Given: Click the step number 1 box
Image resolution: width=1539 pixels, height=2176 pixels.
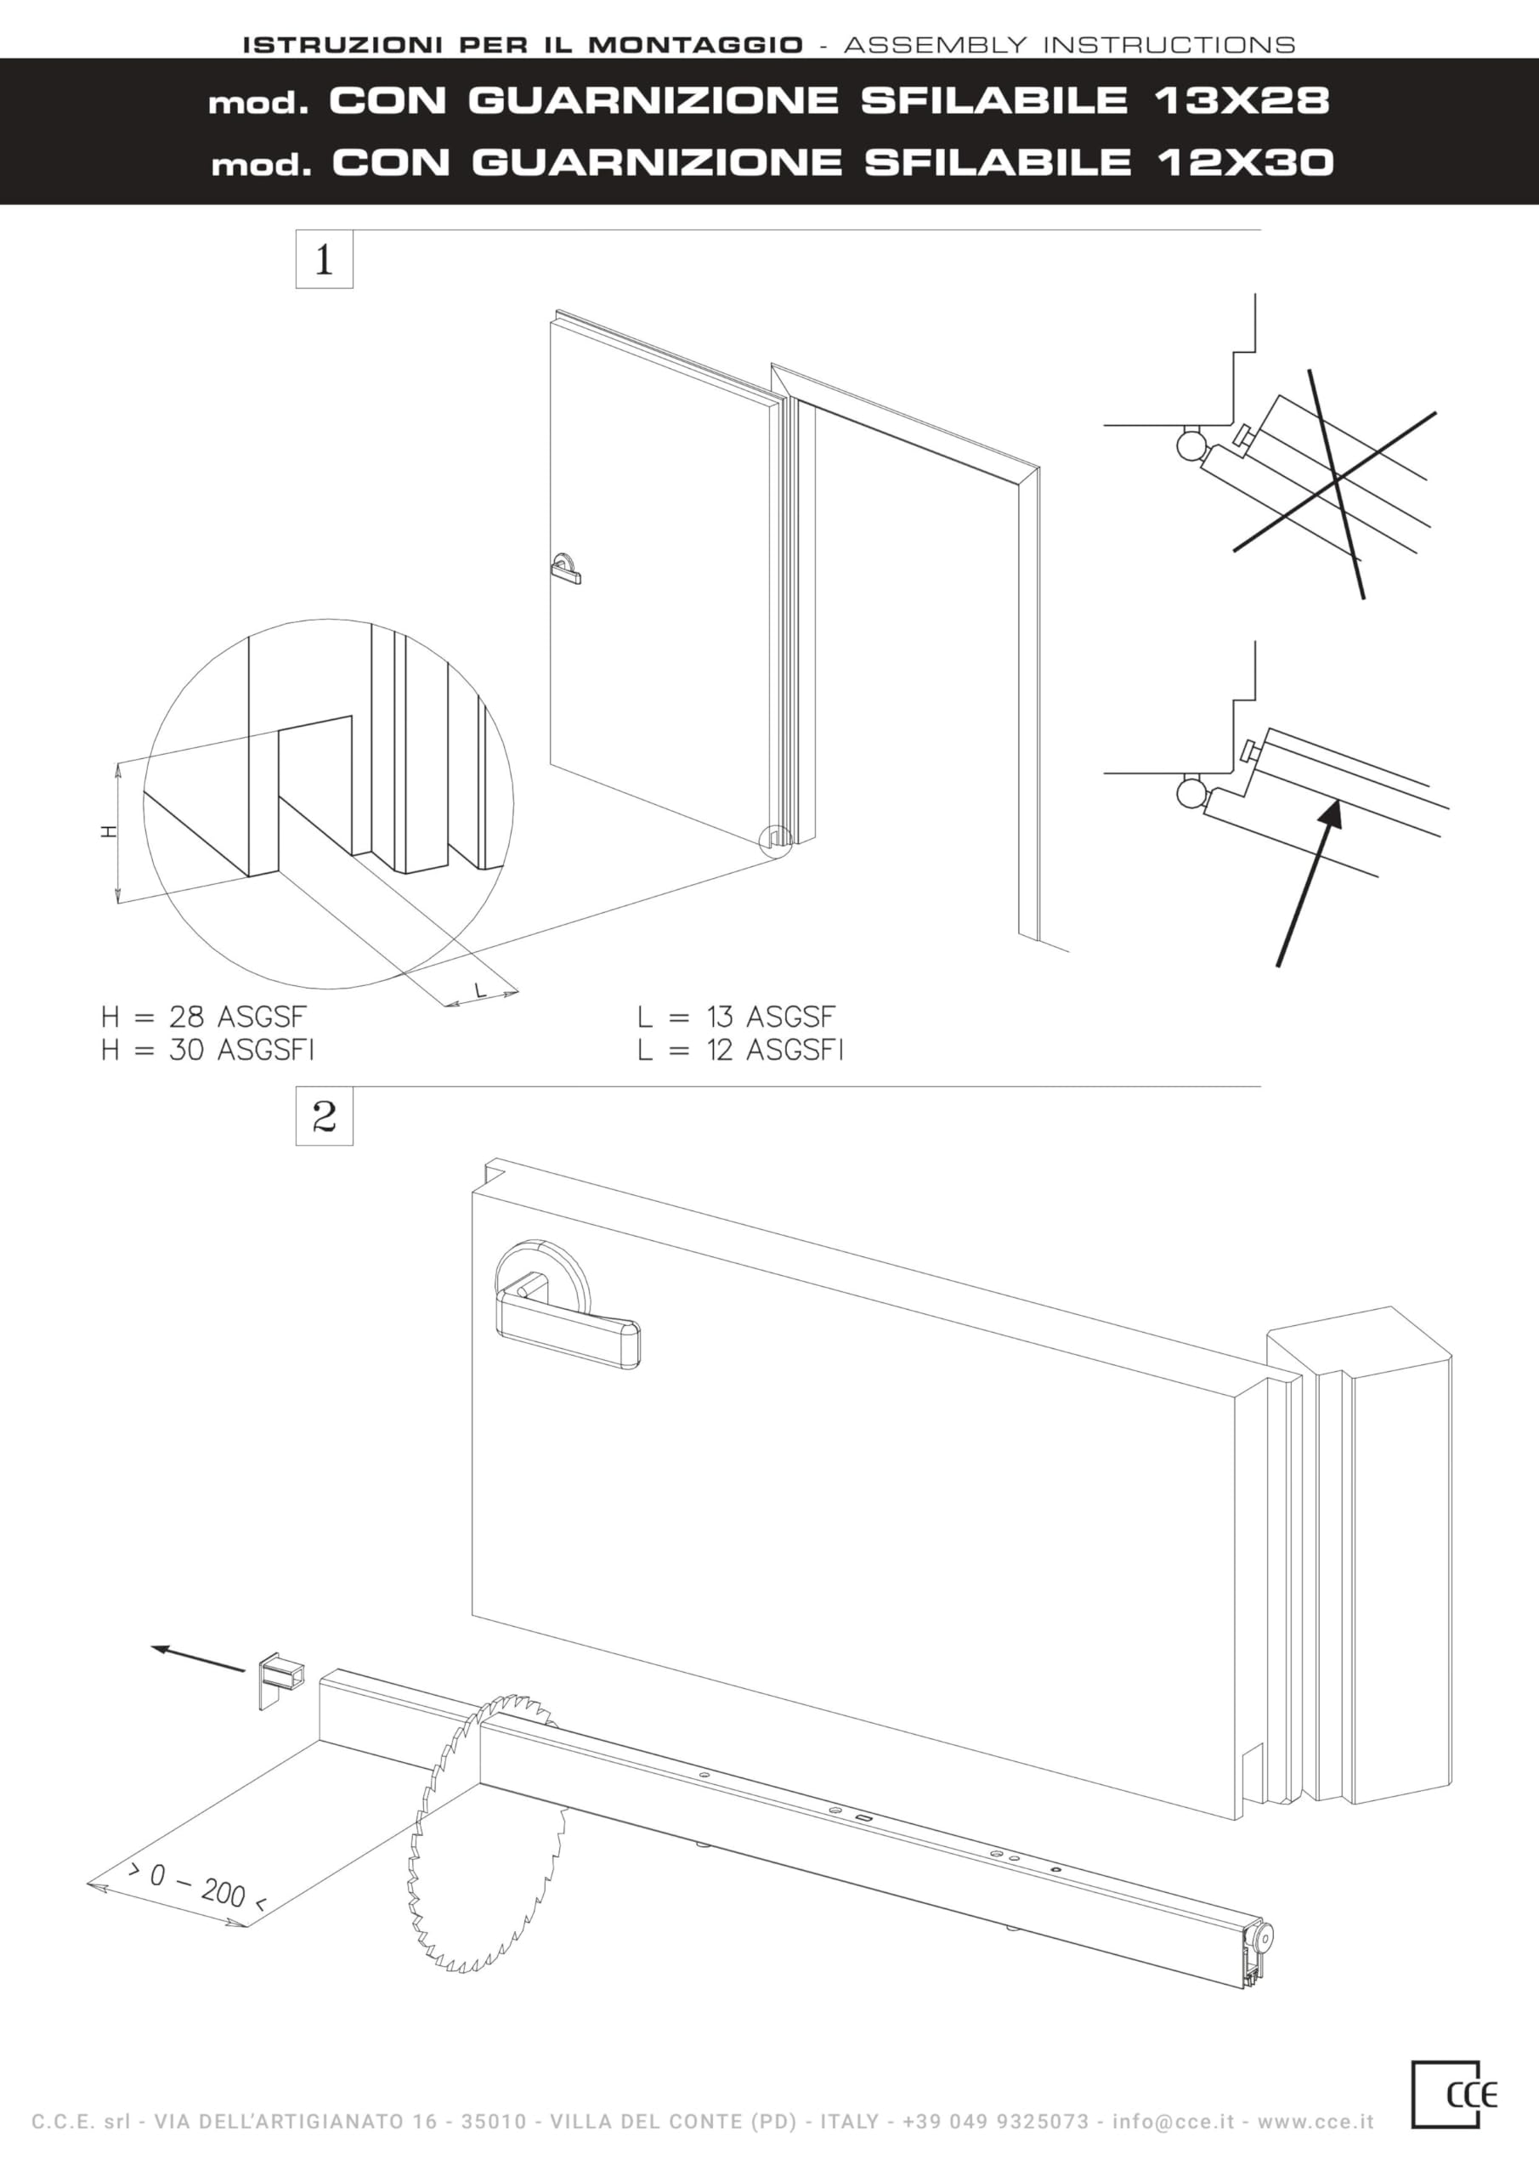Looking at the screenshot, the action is [x=324, y=258].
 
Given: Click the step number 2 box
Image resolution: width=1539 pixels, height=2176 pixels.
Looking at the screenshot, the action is [x=324, y=1115].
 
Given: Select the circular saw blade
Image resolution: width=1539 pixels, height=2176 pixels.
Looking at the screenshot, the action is [x=488, y=1833].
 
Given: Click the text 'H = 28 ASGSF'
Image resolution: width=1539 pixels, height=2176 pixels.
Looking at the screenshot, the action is [x=204, y=1017].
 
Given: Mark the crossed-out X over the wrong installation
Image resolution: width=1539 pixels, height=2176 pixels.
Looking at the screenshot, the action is [x=1334, y=483].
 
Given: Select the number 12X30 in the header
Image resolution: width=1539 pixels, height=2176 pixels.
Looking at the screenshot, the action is [x=1245, y=163].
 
